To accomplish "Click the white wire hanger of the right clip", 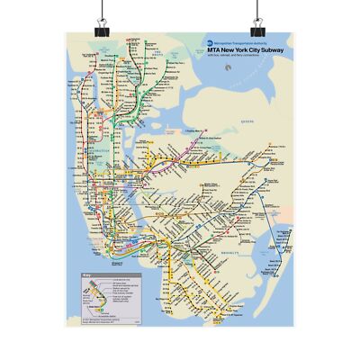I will coord(258,8).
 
